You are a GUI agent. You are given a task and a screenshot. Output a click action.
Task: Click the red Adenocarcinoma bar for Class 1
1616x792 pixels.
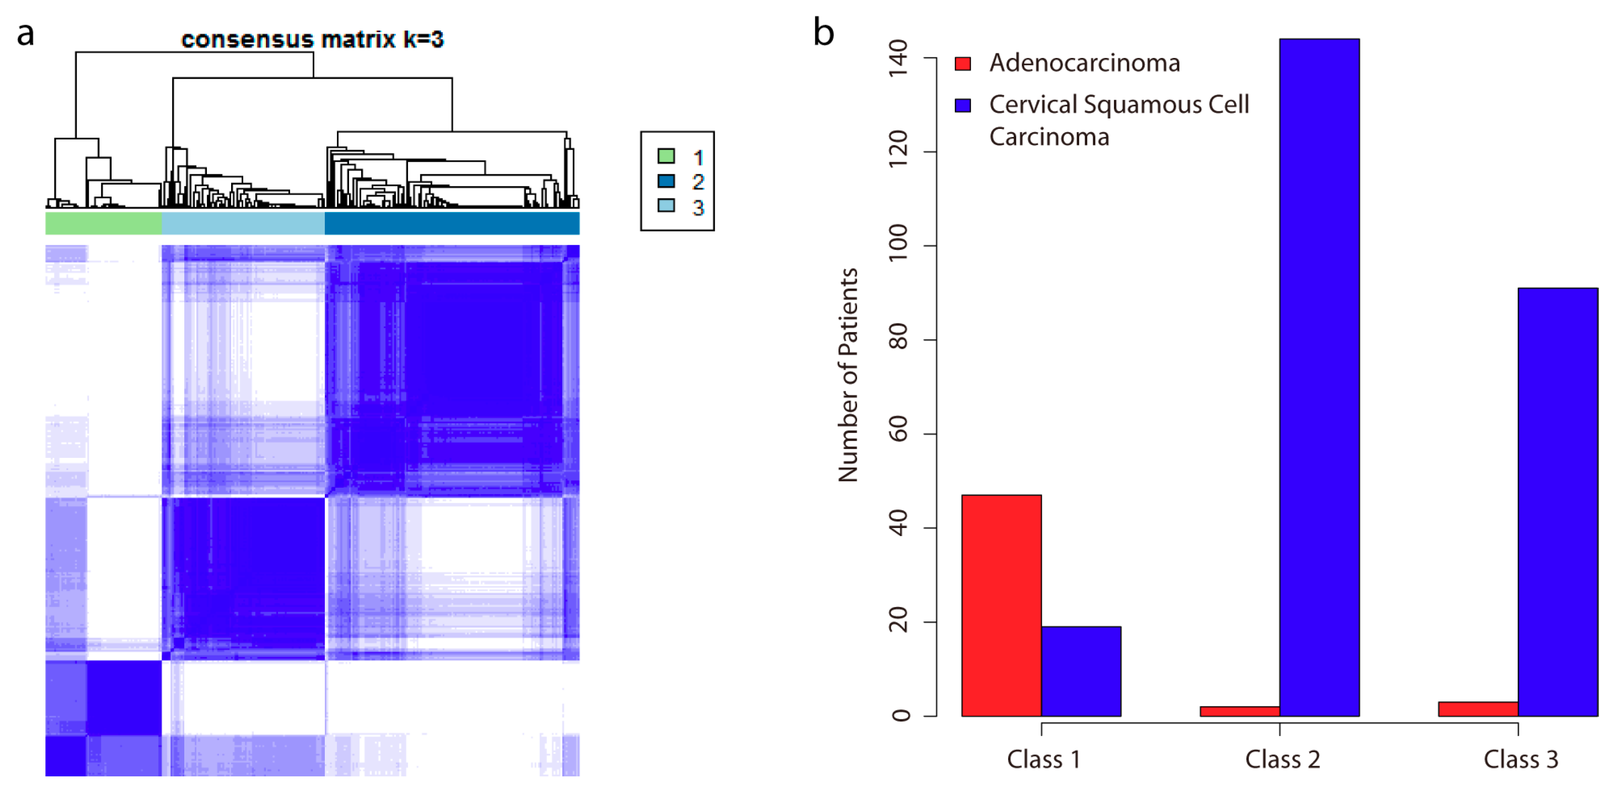pyautogui.click(x=1001, y=605)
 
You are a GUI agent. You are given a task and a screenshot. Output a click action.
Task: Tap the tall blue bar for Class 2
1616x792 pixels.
pyautogui.click(x=1319, y=376)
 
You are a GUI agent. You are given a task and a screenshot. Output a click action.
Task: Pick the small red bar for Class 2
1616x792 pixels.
pyautogui.click(x=1240, y=711)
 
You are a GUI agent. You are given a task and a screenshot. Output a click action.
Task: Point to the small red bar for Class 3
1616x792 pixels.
pyautogui.click(x=1478, y=708)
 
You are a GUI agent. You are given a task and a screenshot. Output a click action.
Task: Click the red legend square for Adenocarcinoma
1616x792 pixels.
pyautogui.click(x=962, y=63)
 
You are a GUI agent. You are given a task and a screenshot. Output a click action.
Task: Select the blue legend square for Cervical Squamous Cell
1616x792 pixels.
pyautogui.click(x=962, y=105)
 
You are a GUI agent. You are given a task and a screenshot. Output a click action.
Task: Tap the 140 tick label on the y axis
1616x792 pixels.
pyautogui.click(x=898, y=58)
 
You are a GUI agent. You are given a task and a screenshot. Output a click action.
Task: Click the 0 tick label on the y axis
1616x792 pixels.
pyautogui.click(x=899, y=715)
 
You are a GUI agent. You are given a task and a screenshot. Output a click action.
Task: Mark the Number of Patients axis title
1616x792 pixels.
pyautogui.click(x=848, y=375)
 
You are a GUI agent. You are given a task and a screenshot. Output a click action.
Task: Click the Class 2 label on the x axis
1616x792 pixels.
pyautogui.click(x=1282, y=759)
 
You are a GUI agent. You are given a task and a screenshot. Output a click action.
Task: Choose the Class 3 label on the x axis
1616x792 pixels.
pyautogui.click(x=1521, y=759)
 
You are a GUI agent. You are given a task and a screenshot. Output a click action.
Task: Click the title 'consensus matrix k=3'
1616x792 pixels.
pyautogui.click(x=312, y=39)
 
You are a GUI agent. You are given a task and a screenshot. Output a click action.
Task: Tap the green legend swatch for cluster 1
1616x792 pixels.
pyautogui.click(x=666, y=156)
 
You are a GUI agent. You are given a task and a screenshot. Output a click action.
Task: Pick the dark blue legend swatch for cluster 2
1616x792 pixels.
pyautogui.click(x=666, y=181)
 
